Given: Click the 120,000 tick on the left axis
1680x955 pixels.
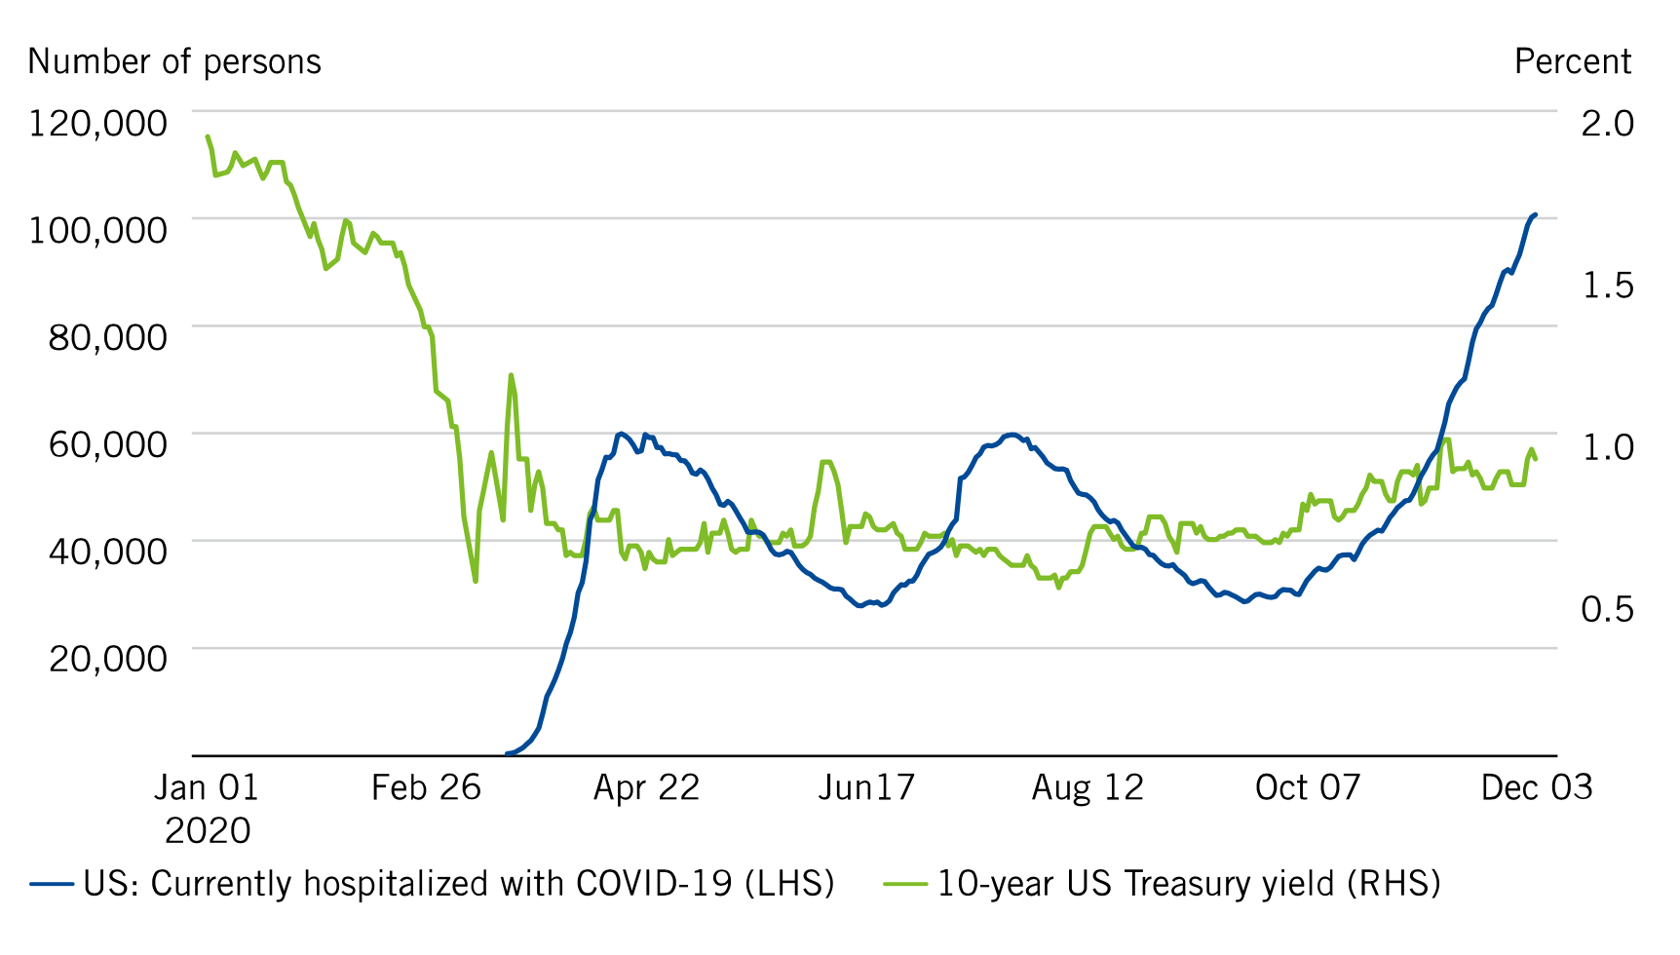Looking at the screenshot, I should click(97, 124).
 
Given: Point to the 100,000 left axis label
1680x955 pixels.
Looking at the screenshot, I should click(97, 231).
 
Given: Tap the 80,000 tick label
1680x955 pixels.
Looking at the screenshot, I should click(107, 338).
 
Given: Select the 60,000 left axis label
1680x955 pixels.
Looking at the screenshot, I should click(107, 445).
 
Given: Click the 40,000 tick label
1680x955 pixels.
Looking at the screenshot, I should click(107, 553).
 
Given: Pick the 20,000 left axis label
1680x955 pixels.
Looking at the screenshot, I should click(107, 660).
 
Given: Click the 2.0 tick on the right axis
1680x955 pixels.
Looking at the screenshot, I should click(1607, 124).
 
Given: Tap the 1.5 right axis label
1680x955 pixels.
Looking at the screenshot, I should click(1607, 286).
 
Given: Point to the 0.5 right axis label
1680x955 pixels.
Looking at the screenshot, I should click(1607, 609).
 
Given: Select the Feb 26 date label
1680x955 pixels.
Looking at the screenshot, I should click(426, 787).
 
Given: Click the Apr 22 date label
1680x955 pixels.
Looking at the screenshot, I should click(646, 787).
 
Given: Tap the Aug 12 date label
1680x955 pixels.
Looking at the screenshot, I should click(1088, 787).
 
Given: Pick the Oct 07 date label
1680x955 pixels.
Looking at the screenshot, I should click(1307, 787).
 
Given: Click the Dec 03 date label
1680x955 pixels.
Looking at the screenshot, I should click(1536, 787).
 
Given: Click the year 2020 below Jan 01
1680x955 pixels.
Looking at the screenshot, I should click(208, 831).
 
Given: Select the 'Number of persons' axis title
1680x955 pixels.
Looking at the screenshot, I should click(174, 61).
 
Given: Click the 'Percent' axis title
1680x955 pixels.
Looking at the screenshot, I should click(1572, 61).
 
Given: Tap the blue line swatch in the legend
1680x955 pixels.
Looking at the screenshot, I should click(52, 885).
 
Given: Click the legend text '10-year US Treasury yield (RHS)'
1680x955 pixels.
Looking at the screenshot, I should click(1189, 885).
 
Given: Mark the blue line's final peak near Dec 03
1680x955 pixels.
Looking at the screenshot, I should click(1535, 214).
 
